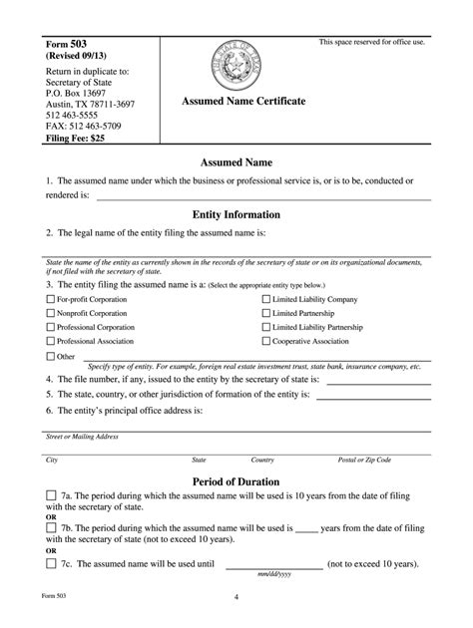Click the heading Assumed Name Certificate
pos(242,103)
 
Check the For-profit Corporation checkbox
pos(51,299)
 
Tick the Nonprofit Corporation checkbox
pos(51,313)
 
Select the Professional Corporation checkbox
pos(51,327)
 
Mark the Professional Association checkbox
pos(51,341)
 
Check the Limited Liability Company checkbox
pos(265,299)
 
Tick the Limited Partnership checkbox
pos(265,313)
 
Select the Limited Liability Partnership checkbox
pos(265,327)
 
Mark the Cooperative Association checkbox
pos(265,341)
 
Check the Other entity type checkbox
pos(51,356)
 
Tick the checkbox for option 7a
pos(51,495)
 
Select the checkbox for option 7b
pos(51,529)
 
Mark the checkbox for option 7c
pos(51,563)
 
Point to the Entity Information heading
pos(236,214)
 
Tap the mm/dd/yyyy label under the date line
pos(274,575)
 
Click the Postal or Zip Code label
pos(364,460)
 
